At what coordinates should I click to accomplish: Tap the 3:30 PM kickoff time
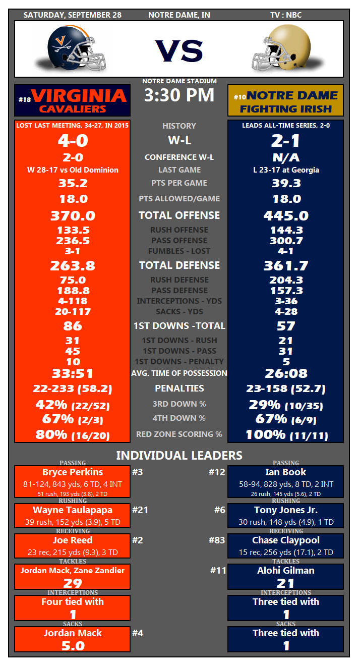179,95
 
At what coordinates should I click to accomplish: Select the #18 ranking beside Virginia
24,100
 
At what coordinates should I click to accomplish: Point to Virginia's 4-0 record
73,140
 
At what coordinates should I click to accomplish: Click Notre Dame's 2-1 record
286,140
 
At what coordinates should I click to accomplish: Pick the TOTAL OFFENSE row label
179,215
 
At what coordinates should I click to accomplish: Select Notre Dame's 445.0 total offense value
286,216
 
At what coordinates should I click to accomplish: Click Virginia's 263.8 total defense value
73,265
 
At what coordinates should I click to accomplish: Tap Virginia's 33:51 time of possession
73,374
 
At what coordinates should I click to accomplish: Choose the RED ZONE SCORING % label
179,434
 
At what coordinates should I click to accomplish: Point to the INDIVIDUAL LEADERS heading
179,456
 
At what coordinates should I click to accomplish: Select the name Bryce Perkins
73,472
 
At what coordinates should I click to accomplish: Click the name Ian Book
286,472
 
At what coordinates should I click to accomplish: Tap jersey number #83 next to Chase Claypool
217,540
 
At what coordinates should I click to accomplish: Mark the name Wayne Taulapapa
73,510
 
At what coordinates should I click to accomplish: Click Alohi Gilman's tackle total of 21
286,583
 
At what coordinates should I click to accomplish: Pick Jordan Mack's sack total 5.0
73,646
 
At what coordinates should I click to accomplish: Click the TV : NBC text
286,15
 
